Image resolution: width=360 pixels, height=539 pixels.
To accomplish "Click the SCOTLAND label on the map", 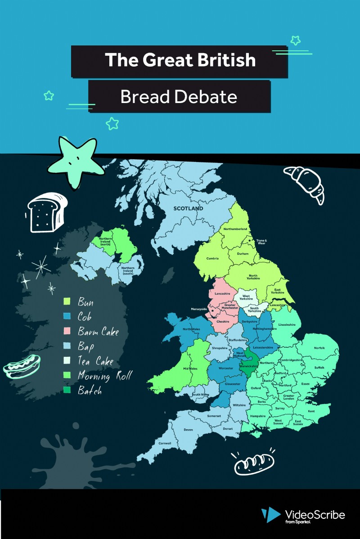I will pos(189,208).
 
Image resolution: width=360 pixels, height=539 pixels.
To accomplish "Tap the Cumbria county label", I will pos(212,258).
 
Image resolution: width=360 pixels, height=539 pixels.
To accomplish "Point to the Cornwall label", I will pos(165,443).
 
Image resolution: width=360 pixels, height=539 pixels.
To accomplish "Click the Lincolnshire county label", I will pos(287,324).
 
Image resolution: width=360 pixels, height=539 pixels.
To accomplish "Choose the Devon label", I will pos(189,430).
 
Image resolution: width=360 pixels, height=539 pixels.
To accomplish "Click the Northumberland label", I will pos(235,229).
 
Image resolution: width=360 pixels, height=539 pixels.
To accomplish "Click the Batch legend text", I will pos(90,391).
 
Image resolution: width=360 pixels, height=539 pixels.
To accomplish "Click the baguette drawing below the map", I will pos(254,463).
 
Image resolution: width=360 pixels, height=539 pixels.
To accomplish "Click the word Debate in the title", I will pos(210,97).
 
